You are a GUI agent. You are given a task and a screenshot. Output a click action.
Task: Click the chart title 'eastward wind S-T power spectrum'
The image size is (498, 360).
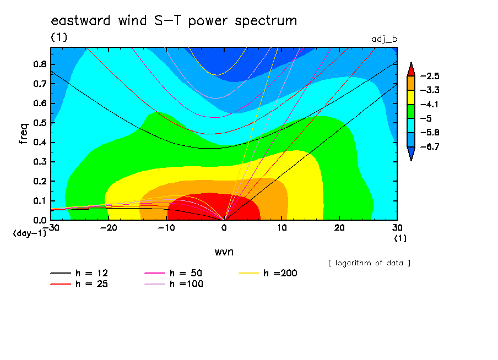(x=174, y=21)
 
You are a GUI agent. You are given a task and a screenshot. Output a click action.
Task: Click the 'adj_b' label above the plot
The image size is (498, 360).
(x=385, y=40)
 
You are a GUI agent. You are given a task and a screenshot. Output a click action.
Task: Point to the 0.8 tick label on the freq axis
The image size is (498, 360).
(x=40, y=64)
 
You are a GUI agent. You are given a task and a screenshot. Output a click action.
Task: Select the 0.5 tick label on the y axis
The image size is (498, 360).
(x=40, y=123)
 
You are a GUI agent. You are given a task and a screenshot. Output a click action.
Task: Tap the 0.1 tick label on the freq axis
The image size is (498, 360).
(x=40, y=201)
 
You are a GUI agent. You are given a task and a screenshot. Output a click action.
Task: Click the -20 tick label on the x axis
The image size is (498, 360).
(x=109, y=228)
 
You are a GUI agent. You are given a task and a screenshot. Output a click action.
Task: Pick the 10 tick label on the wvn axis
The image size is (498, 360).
(x=282, y=228)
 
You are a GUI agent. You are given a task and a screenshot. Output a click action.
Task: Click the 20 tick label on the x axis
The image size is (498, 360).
(x=339, y=228)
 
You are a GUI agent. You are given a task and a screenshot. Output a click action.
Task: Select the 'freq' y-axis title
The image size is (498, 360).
(x=24, y=134)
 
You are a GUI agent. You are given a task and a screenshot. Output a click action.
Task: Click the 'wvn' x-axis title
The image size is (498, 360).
(x=224, y=252)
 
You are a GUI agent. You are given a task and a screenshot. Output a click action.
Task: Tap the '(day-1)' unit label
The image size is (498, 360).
(x=30, y=233)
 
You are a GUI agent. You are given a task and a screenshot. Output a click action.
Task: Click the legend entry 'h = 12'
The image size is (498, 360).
(x=79, y=273)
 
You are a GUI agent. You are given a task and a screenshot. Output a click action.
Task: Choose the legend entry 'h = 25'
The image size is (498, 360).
(x=79, y=284)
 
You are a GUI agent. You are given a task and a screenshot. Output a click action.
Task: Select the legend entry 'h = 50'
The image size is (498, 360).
(x=174, y=273)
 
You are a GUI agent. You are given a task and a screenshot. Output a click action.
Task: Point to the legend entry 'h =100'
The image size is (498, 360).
(x=174, y=284)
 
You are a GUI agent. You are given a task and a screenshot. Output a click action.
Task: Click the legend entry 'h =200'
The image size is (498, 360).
(x=268, y=273)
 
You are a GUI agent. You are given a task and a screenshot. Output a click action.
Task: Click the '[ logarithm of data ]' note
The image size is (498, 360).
(x=369, y=263)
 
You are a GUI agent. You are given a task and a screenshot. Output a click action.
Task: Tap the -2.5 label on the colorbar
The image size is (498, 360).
(x=429, y=76)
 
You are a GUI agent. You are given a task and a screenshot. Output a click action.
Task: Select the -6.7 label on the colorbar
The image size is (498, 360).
(x=429, y=146)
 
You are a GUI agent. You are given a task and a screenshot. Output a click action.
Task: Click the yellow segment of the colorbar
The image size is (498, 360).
(x=411, y=97)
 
